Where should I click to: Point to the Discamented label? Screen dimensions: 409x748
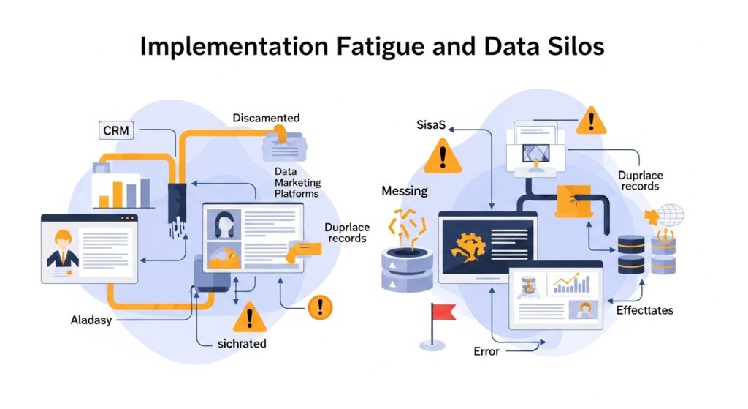266,118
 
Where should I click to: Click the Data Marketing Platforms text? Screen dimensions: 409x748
297,182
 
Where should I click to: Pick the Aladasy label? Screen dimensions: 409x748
91,320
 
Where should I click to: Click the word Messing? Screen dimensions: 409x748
405,191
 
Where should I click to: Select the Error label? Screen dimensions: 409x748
486,351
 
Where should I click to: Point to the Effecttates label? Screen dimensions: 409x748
644,310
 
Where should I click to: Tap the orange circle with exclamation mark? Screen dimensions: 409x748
320,307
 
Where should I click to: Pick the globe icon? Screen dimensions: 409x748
670,215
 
